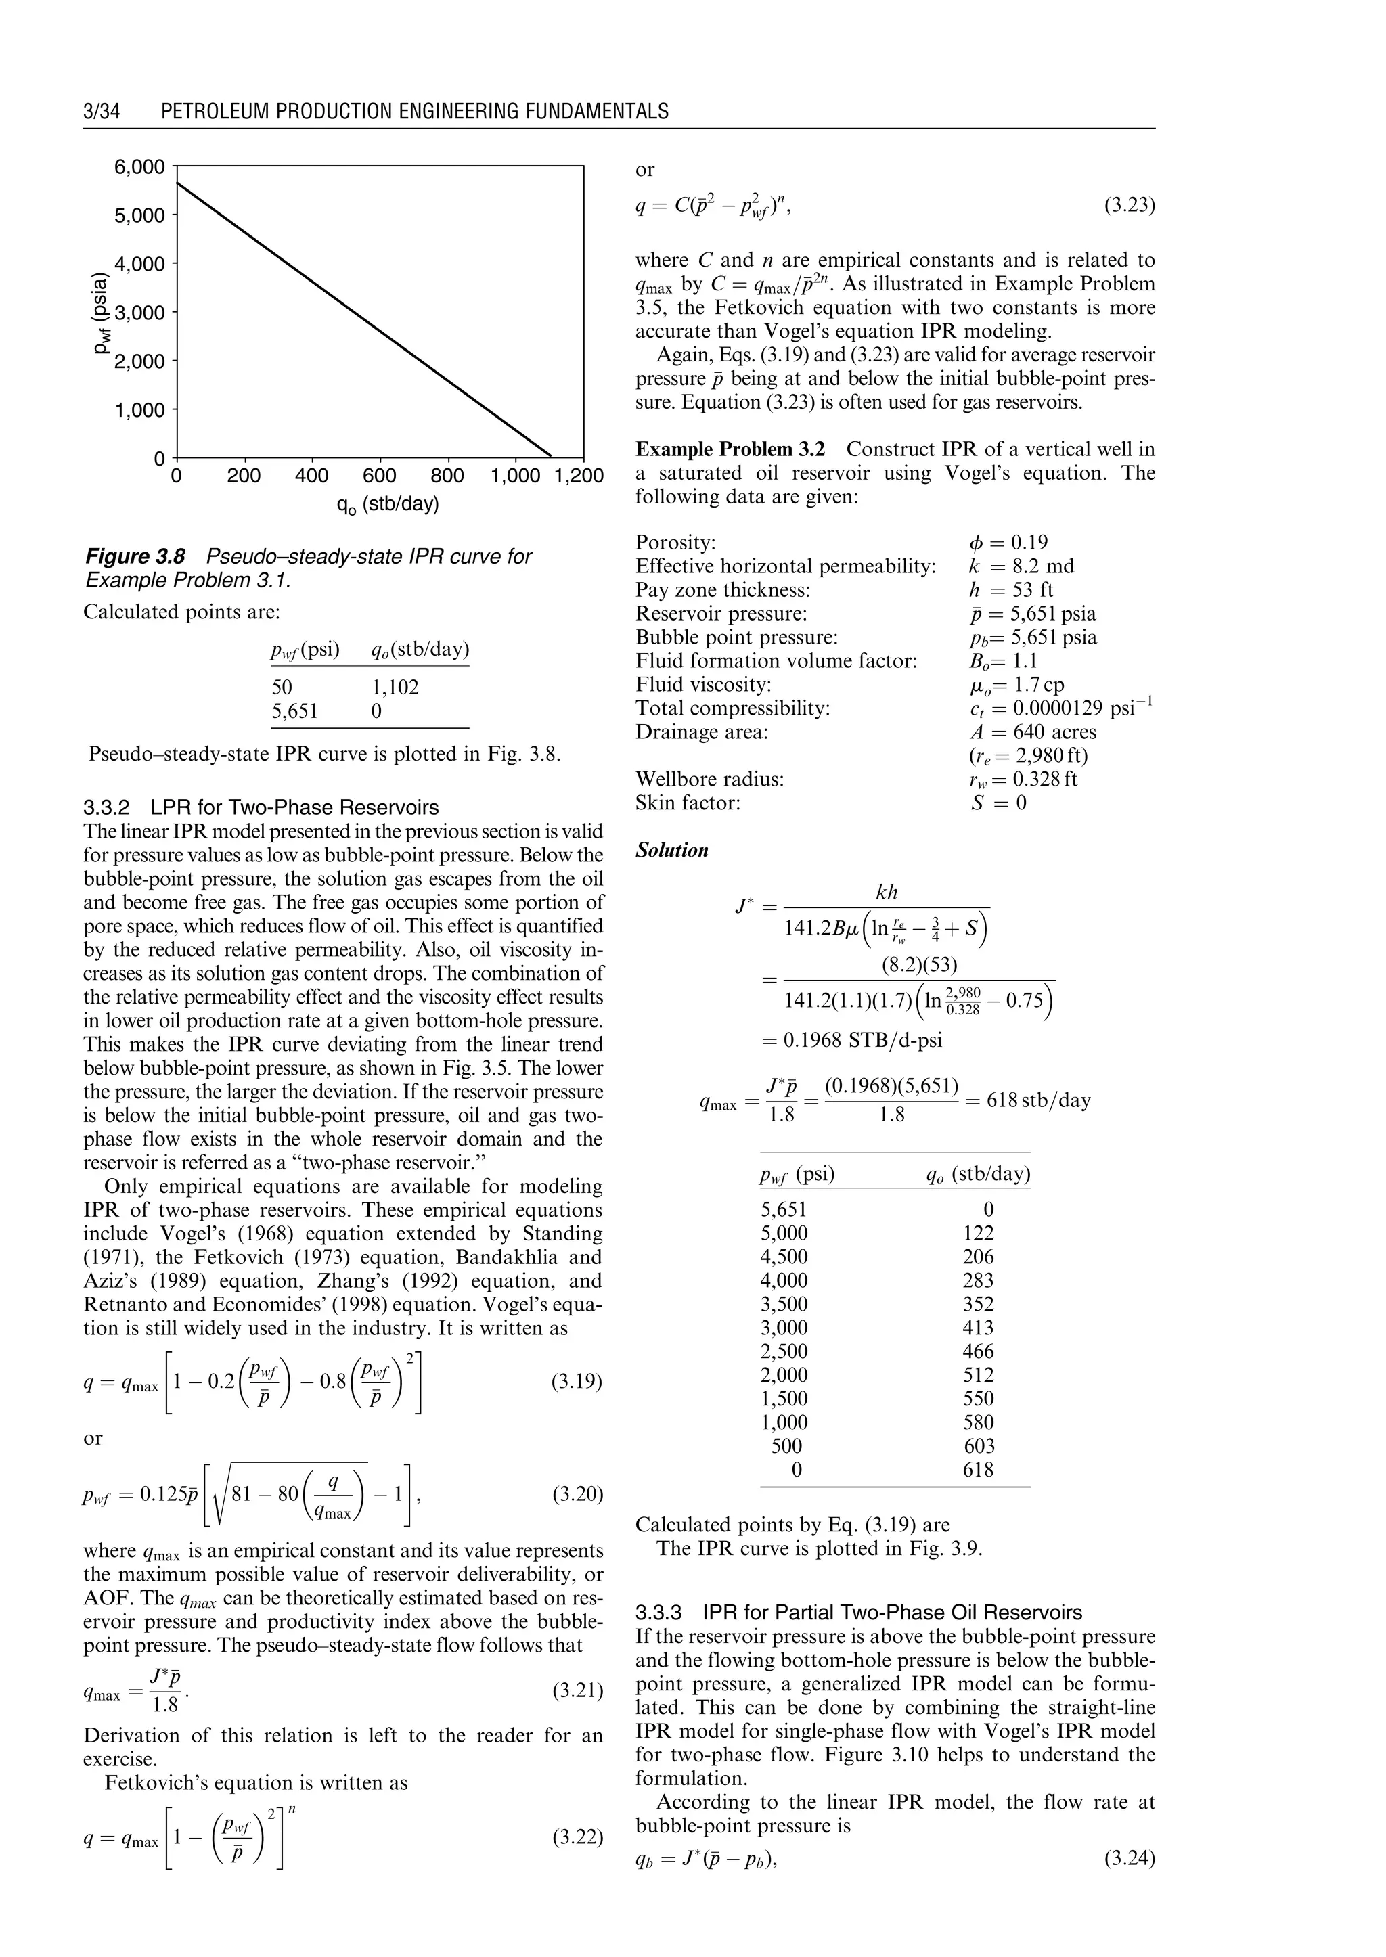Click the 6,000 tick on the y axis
pyautogui.click(x=140, y=166)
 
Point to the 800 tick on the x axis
pyautogui.click(x=447, y=476)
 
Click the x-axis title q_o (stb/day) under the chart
pyautogui.click(x=388, y=504)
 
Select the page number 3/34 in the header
pyautogui.click(x=102, y=112)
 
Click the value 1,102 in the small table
pyautogui.click(x=395, y=687)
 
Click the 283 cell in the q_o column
pyautogui.click(x=978, y=1280)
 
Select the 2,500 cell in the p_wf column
pyautogui.click(x=784, y=1351)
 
